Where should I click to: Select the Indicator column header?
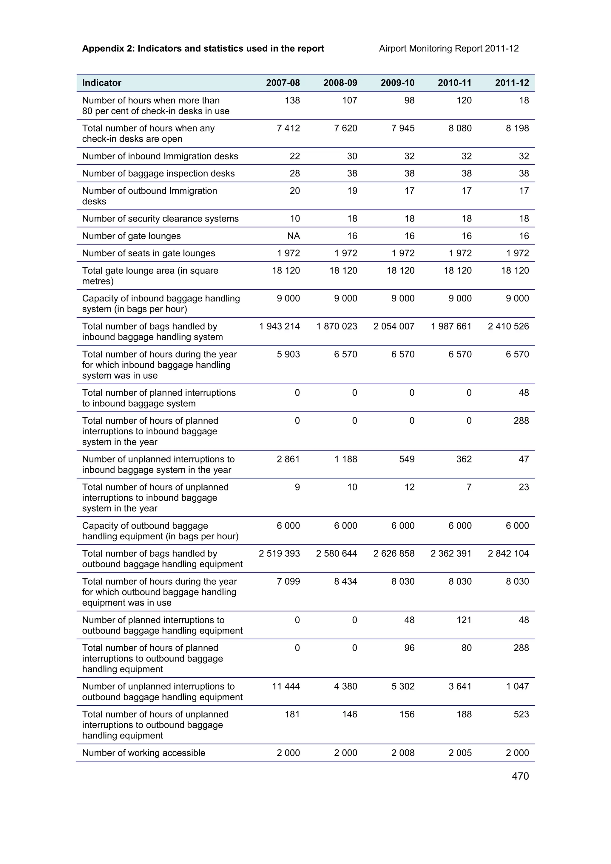102,83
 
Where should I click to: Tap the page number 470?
520,776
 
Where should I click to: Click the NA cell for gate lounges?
293,236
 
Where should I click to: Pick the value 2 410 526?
508,326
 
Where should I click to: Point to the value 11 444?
286,686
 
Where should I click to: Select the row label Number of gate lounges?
131,236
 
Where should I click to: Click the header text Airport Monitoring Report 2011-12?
449,49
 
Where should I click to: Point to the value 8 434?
345,581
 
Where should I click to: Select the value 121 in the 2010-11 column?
464,620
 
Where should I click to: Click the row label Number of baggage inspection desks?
158,174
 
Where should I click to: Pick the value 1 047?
517,686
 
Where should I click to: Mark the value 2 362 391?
451,554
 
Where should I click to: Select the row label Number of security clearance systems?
161,219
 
